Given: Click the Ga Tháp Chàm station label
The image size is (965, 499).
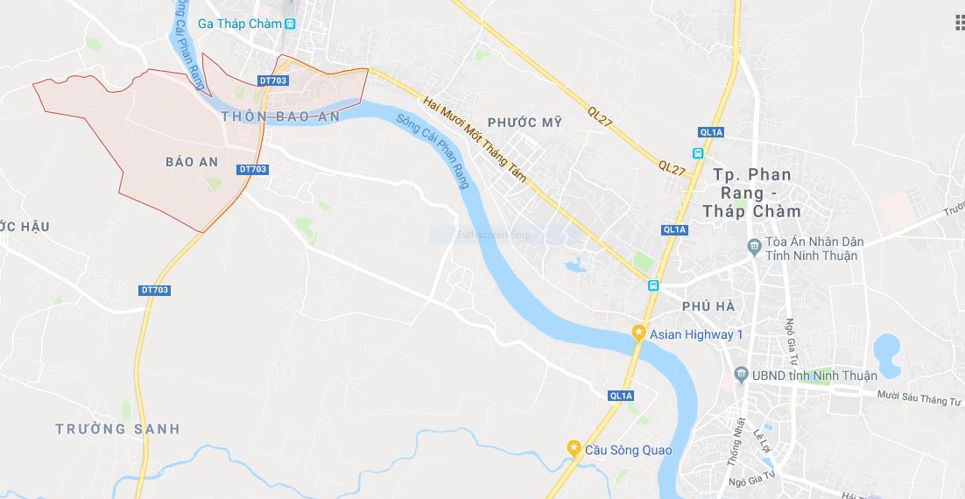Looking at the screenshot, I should click(x=239, y=24).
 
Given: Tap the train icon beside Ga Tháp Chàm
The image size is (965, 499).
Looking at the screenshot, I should click(x=290, y=24).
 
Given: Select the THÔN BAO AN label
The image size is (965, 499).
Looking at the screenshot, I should click(x=279, y=116).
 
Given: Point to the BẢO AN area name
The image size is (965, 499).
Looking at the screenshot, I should click(x=191, y=162).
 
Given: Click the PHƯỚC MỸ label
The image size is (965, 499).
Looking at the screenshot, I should click(x=525, y=123).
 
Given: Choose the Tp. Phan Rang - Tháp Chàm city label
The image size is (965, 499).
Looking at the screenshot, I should click(x=751, y=193).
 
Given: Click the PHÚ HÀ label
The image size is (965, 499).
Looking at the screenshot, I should click(x=708, y=306).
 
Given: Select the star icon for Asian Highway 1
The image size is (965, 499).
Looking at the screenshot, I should click(x=639, y=334).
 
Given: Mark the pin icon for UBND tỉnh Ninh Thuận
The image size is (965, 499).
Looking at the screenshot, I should click(x=740, y=375).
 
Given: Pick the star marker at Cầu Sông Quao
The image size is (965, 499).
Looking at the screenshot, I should click(x=574, y=449).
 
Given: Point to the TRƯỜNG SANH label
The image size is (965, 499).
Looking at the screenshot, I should click(x=117, y=429).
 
